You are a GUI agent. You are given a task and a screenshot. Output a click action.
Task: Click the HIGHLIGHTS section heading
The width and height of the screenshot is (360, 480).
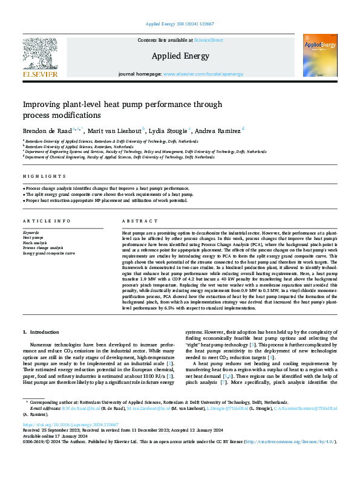coord(45,176)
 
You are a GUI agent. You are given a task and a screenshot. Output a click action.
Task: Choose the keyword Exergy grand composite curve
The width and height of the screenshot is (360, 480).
coord(49,253)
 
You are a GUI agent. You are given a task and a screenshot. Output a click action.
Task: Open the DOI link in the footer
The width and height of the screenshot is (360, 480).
coord(68,441)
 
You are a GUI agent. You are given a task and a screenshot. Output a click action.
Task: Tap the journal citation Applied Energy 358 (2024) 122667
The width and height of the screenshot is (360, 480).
coord(180,25)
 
